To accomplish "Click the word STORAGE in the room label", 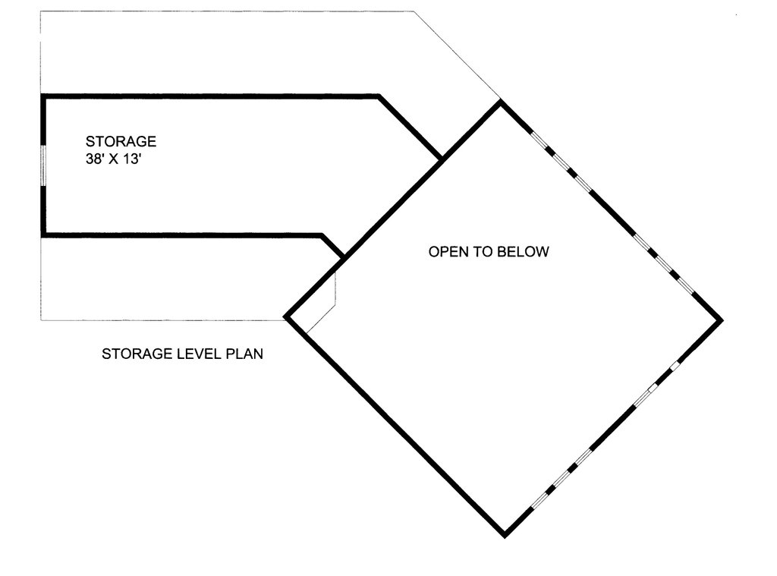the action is coord(121,141).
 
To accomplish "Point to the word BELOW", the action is coord(523,252).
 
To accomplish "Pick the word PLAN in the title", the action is coord(244,354).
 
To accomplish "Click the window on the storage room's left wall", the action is coord(43,165).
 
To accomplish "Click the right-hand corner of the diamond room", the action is coord(722,320).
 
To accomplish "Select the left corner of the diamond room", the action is coord(285,316).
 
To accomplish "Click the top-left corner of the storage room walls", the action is coord(42,96).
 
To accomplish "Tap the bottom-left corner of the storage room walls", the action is coord(42,235).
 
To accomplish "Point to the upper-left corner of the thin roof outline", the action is coord(41,11).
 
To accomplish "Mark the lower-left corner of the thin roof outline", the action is coord(41,320).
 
